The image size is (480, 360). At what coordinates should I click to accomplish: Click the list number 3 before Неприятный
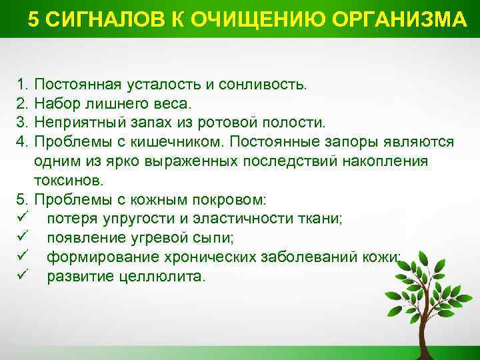(x=21, y=123)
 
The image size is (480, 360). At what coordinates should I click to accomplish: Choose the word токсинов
(x=71, y=180)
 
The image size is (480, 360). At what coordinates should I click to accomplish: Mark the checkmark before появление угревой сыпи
(x=22, y=237)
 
